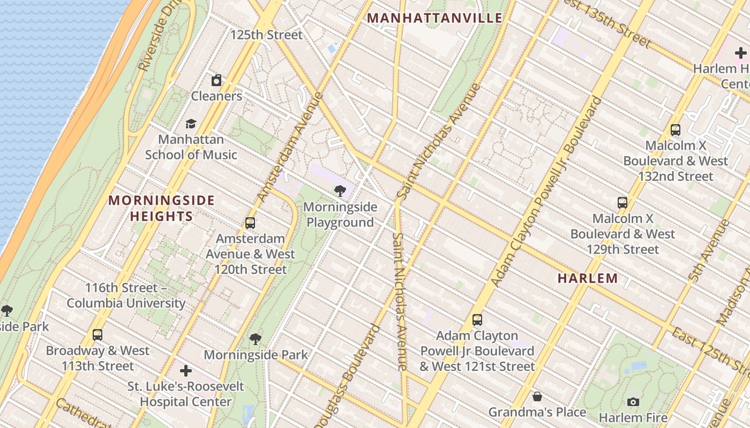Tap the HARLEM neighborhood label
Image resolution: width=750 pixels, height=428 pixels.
click(588, 278)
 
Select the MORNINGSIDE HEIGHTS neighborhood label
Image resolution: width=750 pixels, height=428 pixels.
click(161, 208)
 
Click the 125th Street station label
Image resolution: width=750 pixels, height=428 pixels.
click(266, 35)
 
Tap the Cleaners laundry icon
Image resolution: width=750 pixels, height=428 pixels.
click(216, 81)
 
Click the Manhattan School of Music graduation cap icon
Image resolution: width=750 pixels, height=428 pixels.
click(191, 124)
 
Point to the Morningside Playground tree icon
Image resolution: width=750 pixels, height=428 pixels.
click(340, 191)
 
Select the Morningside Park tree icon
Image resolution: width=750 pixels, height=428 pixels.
click(256, 339)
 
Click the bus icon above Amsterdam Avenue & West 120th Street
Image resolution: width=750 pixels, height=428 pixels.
click(250, 223)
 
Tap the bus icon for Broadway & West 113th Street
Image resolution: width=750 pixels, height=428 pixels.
click(97, 335)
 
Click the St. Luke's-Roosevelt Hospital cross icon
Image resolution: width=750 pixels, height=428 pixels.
click(185, 370)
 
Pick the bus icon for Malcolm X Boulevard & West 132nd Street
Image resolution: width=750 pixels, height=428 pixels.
click(676, 129)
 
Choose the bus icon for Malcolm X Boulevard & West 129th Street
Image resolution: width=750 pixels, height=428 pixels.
click(622, 203)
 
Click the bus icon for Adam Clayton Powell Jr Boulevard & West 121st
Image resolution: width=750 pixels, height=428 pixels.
click(477, 320)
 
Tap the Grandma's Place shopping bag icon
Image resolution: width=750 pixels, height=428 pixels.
click(537, 396)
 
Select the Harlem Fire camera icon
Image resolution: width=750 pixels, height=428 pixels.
click(633, 402)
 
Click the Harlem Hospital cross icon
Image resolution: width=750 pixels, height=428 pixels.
click(740, 53)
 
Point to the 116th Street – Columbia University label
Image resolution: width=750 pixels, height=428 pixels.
click(126, 295)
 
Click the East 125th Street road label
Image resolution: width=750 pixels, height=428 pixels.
click(710, 350)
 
